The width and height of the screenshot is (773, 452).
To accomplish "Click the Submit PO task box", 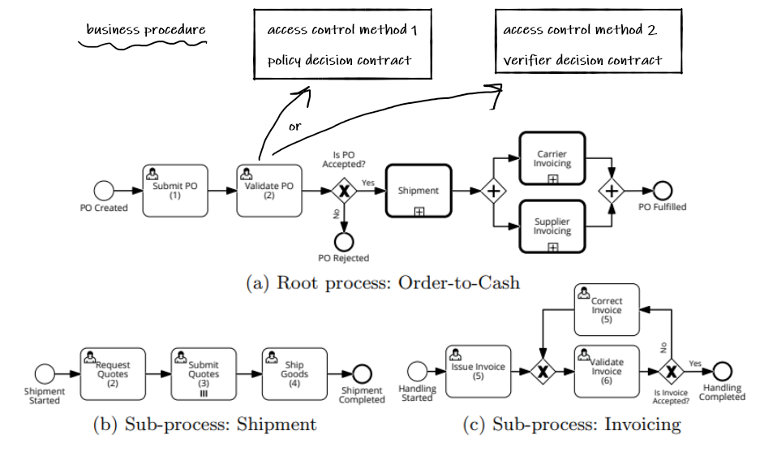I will (174, 191).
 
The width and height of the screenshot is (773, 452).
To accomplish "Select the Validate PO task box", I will (268, 191).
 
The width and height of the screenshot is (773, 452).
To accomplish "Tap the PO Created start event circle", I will (103, 191).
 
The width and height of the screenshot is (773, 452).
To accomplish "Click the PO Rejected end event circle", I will (343, 241).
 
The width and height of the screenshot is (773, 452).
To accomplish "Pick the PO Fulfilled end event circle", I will (663, 191).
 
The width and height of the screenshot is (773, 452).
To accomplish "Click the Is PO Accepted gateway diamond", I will (344, 191).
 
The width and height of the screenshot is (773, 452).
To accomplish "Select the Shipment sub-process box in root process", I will (419, 191).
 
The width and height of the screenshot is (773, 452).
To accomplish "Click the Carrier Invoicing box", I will (552, 159).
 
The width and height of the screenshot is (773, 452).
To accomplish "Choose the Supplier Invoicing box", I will (552, 226).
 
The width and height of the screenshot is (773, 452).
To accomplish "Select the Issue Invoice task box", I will (478, 372).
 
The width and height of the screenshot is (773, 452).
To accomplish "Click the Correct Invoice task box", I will (606, 309).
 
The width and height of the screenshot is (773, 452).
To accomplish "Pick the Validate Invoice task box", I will (606, 372).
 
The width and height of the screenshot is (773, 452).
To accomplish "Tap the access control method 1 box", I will (341, 45).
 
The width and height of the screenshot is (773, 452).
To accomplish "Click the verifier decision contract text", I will (582, 60).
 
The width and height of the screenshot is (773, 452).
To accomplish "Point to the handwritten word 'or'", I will (294, 127).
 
